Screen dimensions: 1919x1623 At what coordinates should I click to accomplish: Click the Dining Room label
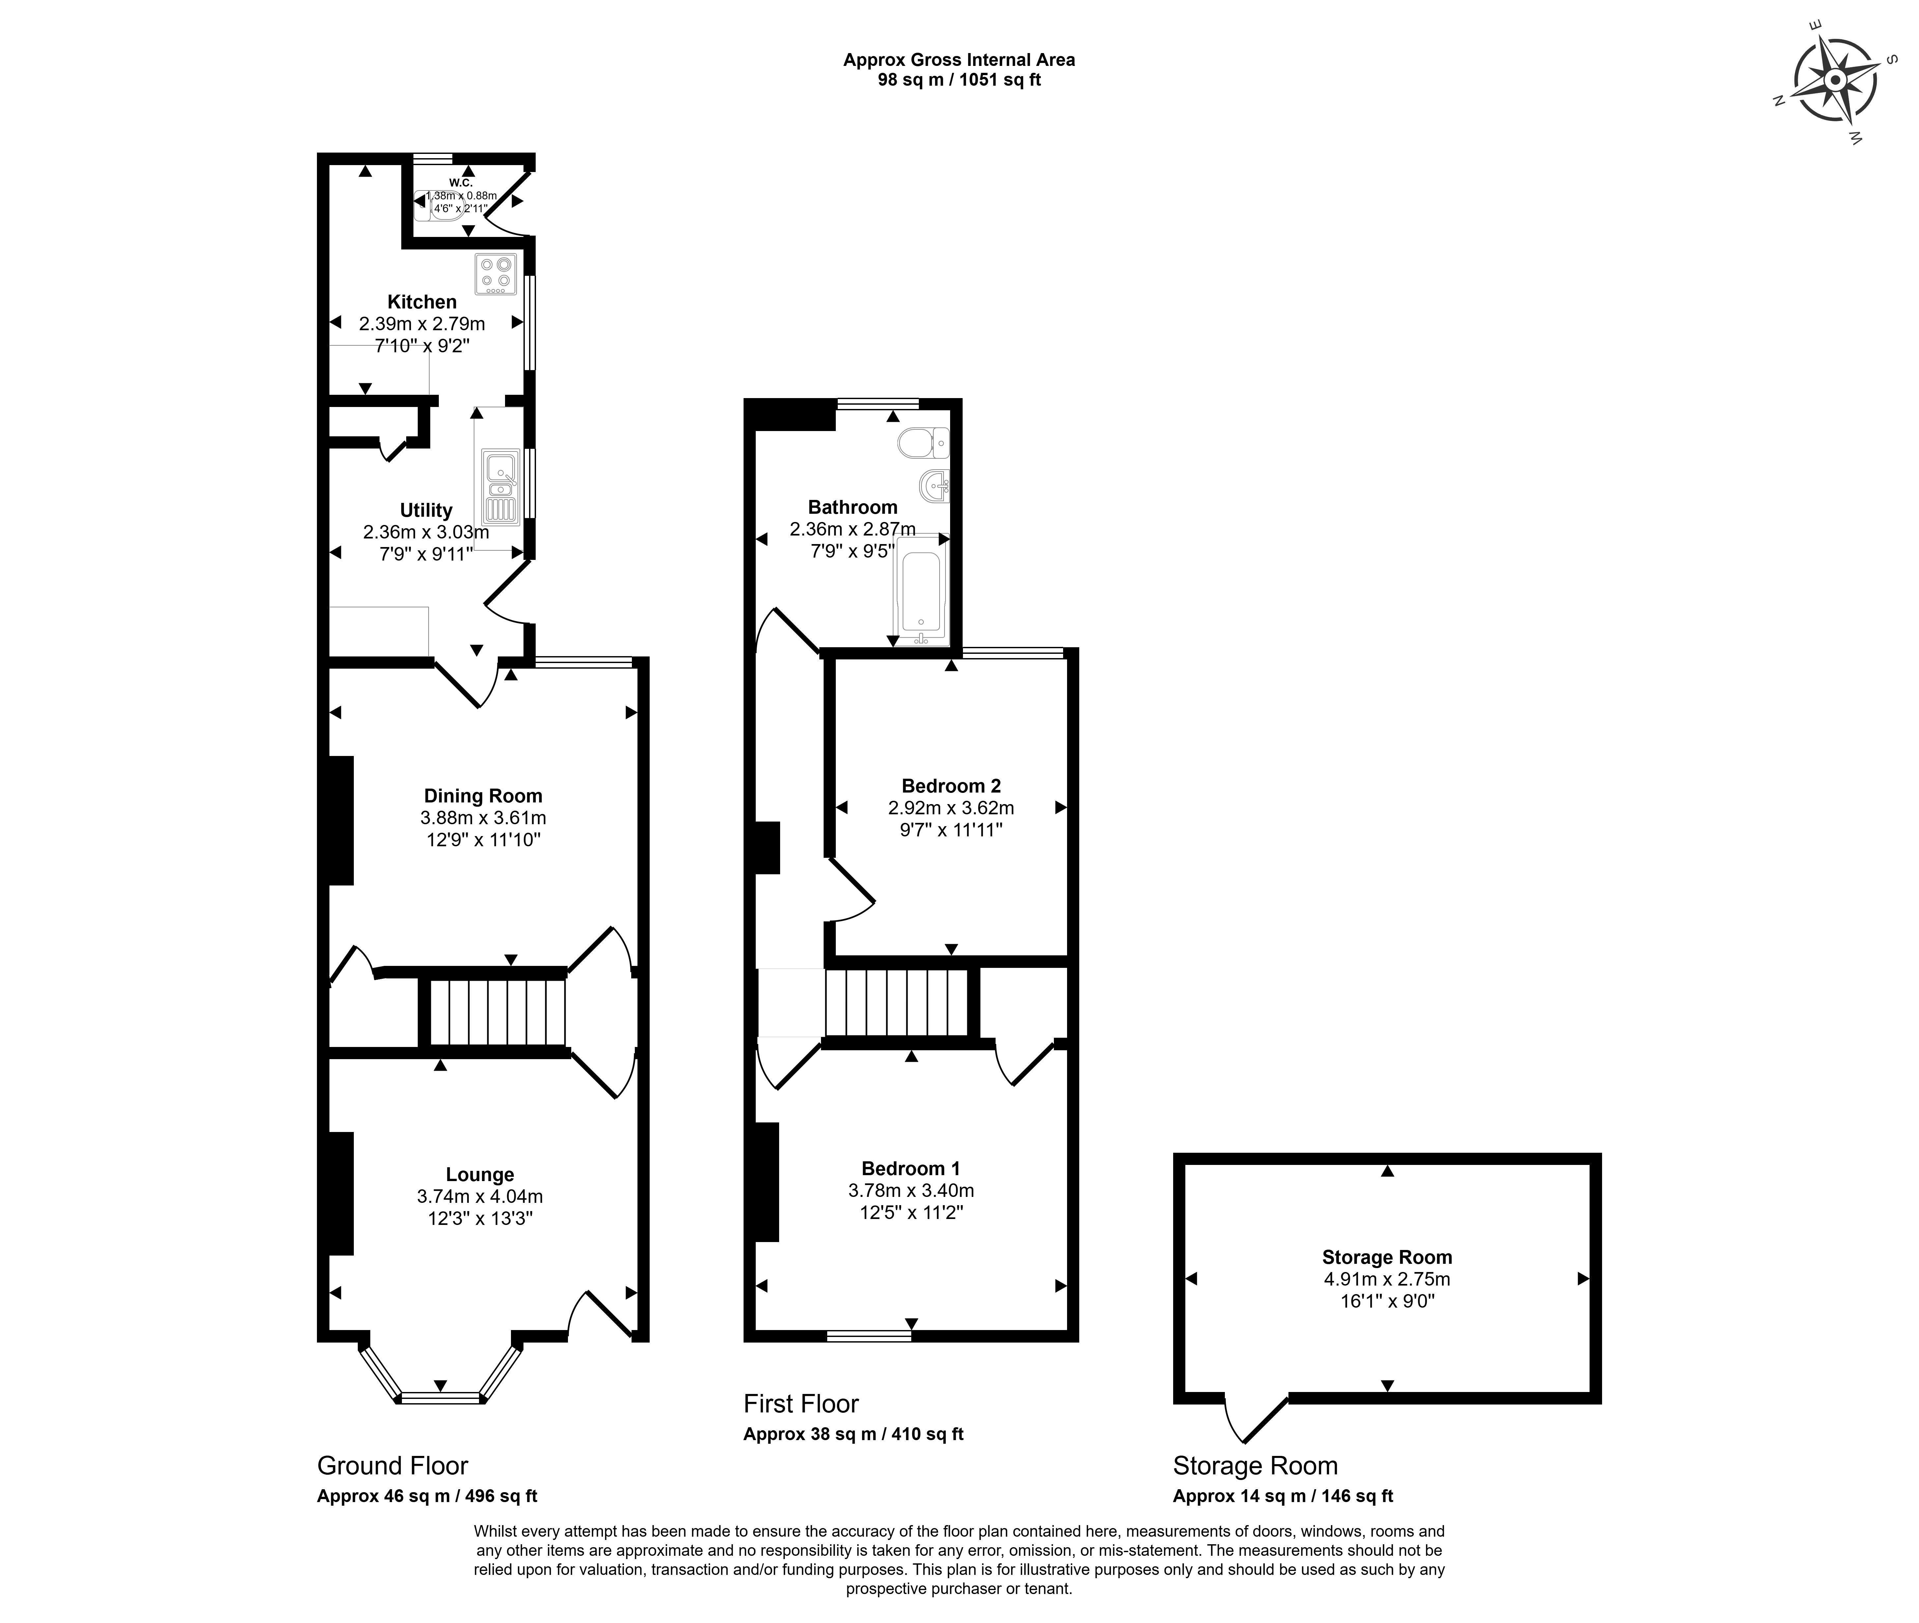coord(483,796)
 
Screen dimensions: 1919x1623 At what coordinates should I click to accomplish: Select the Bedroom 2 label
coord(951,786)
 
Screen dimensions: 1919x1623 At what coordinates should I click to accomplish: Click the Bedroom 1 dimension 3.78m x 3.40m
coord(911,1191)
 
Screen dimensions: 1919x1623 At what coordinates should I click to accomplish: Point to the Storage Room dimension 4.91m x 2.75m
coord(1387,1279)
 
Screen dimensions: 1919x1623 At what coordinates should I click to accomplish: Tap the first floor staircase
coord(897,1003)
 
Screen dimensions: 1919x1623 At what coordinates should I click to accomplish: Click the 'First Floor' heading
coord(800,1404)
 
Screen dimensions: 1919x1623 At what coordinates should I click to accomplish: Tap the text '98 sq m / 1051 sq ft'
coord(959,80)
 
